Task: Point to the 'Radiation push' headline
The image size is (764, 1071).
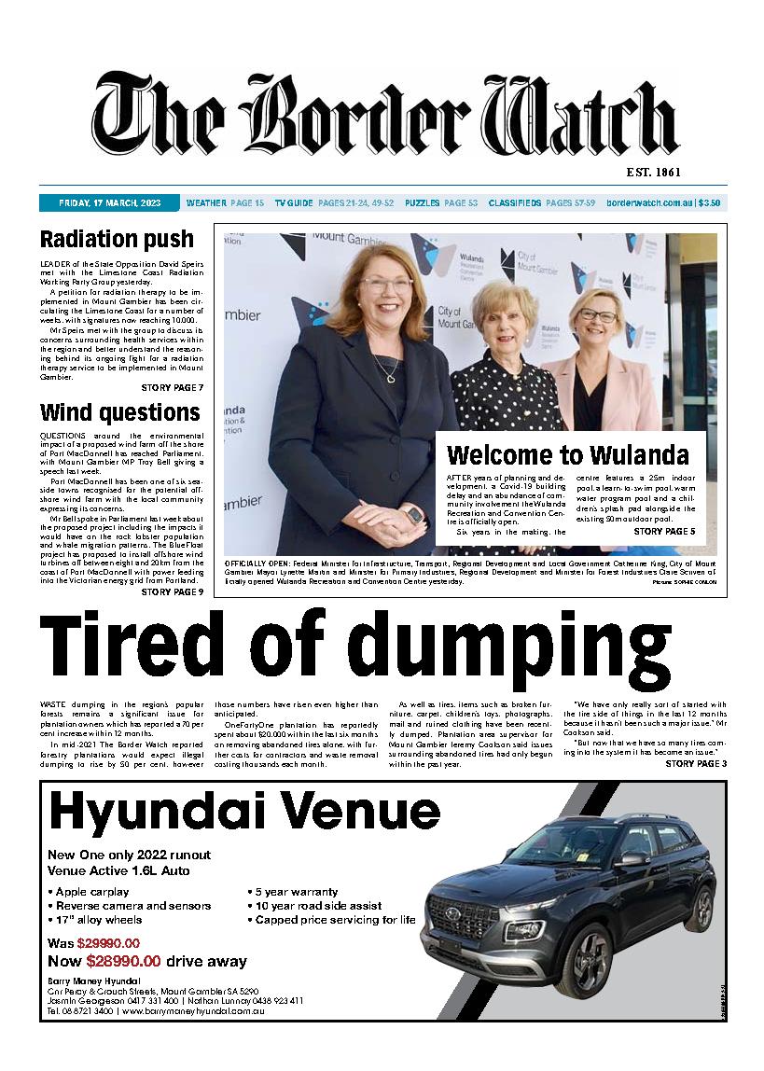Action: pos(117,240)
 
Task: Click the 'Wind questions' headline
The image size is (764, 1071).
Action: pos(119,412)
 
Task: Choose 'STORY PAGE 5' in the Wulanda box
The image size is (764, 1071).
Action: pos(664,531)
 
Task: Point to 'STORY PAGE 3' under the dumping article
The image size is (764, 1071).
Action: pos(696,764)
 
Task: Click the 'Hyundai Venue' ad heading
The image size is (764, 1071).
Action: pos(244,812)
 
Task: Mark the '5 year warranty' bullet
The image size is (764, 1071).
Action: pos(296,891)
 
